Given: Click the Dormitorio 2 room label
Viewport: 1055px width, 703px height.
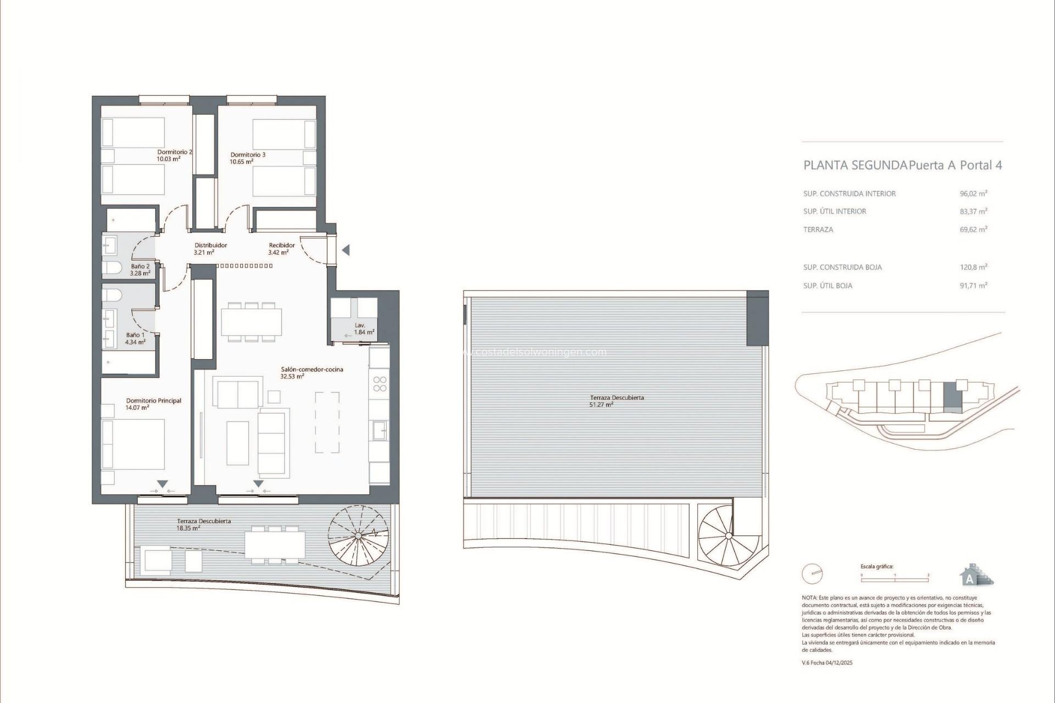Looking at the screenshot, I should click(174, 152).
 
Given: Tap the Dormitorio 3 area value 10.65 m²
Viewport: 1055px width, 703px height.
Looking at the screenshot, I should click(241, 162).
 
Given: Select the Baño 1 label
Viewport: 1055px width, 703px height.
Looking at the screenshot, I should click(135, 335).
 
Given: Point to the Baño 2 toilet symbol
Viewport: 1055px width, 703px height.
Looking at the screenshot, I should click(113, 268).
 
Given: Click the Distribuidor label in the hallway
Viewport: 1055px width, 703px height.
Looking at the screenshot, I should click(210, 246).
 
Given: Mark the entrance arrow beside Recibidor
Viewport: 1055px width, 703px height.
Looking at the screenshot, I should click(346, 250).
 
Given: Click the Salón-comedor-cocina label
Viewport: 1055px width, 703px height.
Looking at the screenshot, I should click(312, 370).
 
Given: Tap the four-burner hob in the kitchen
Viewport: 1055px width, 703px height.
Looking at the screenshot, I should click(379, 383).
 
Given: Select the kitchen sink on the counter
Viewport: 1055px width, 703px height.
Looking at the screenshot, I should click(379, 430).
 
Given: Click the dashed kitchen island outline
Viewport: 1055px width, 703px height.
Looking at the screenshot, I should click(327, 422).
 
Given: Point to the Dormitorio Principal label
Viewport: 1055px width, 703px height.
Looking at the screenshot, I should click(153, 401).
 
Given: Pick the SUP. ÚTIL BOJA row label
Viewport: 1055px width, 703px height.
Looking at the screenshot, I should click(828, 286).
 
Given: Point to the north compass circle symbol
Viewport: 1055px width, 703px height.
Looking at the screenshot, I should click(812, 574).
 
